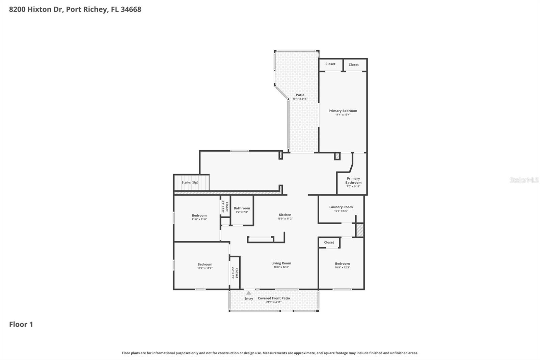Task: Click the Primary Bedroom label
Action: click(343, 111)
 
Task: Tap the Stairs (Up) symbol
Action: click(191, 182)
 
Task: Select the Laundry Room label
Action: click(341, 207)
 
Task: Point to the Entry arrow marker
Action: click(249, 293)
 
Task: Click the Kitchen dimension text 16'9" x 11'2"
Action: click(285, 218)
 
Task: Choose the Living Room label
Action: click(281, 263)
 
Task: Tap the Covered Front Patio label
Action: click(274, 298)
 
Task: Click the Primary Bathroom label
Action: click(353, 180)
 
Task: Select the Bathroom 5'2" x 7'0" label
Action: click(242, 208)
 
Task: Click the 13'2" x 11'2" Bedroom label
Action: click(205, 264)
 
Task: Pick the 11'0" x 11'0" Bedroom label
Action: click(199, 215)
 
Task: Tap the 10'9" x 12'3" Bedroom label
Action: click(342, 264)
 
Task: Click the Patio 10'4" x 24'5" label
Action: click(300, 95)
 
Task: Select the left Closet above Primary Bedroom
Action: click(330, 64)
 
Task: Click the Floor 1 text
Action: click(21, 324)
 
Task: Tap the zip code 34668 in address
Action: click(131, 9)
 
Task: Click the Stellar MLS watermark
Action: click(524, 180)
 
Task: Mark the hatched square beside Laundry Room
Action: click(360, 230)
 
